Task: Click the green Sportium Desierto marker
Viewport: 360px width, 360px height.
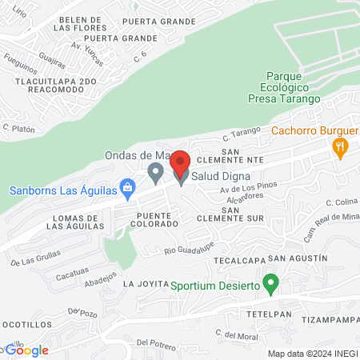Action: coord(271,284)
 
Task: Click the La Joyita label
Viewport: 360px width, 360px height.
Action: coord(143,284)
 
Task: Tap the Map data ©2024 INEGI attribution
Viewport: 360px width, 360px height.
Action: coord(312,354)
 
